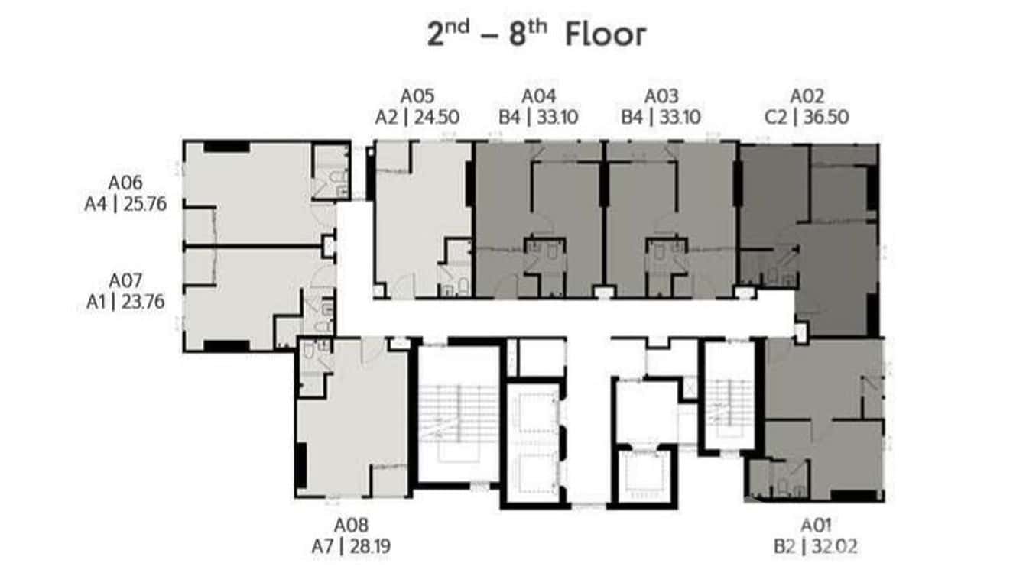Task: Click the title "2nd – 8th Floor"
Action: pyautogui.click(x=536, y=35)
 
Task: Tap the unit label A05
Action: pyautogui.click(x=417, y=96)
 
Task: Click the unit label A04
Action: pyautogui.click(x=538, y=96)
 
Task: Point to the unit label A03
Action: pyautogui.click(x=661, y=96)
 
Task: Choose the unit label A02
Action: pyautogui.click(x=807, y=96)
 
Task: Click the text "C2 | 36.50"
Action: pyautogui.click(x=807, y=117)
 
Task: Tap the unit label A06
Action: pyautogui.click(x=125, y=183)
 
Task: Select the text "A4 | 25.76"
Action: pyautogui.click(x=125, y=205)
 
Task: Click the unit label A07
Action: pyautogui.click(x=125, y=281)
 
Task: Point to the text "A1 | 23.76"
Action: pyautogui.click(x=125, y=303)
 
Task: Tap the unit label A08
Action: pyautogui.click(x=351, y=526)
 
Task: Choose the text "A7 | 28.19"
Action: pyautogui.click(x=351, y=546)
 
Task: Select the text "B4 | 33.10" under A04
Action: pyautogui.click(x=538, y=117)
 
